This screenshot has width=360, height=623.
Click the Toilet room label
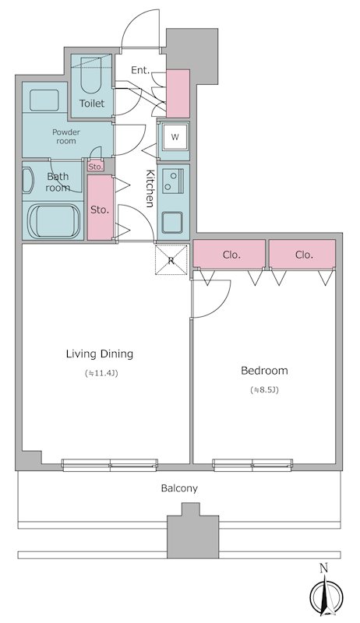pos(92,104)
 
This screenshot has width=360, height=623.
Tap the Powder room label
pos(66,136)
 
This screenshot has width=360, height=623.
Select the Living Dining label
pos(100,354)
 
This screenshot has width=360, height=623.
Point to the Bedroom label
pos(265,371)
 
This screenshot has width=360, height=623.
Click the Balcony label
pos(179,488)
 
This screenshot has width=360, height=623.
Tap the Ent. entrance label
pos(141,70)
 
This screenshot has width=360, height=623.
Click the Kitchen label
pos(150,188)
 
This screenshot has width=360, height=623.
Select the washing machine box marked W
pos(175,137)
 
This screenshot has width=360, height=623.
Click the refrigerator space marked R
pos(171,260)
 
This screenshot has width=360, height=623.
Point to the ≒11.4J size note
pos(102,373)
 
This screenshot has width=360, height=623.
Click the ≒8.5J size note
pos(265,390)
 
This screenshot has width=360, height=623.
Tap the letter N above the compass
pos(324,568)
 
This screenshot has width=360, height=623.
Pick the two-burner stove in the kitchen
pos(173,181)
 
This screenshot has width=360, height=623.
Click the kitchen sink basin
pos(172,223)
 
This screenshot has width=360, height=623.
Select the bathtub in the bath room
pos(53,222)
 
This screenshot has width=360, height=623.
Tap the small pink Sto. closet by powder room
pos(95,166)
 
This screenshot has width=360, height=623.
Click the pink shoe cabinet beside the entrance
pos(178,93)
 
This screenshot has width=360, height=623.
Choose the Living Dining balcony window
pos(110,465)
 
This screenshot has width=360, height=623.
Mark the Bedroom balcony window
pos(252,465)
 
